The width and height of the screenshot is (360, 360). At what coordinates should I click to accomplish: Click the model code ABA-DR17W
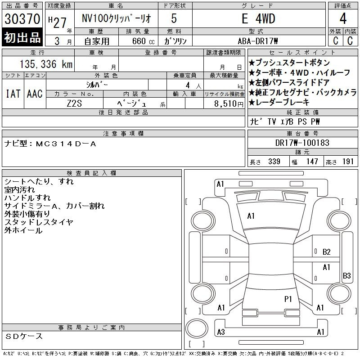point(258,40)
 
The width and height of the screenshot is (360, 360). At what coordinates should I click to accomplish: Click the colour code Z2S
point(75,103)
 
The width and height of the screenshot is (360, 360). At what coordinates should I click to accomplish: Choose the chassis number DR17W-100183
point(302,143)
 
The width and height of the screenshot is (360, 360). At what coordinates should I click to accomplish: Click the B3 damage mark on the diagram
point(347,275)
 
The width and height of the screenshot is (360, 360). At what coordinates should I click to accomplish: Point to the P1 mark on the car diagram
point(288,298)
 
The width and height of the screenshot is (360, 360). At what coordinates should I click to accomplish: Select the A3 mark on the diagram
point(220,332)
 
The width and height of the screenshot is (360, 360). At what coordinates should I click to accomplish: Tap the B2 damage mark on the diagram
point(327,252)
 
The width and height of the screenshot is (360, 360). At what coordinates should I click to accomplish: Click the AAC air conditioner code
point(35,94)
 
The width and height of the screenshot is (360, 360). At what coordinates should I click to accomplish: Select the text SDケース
point(24,336)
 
